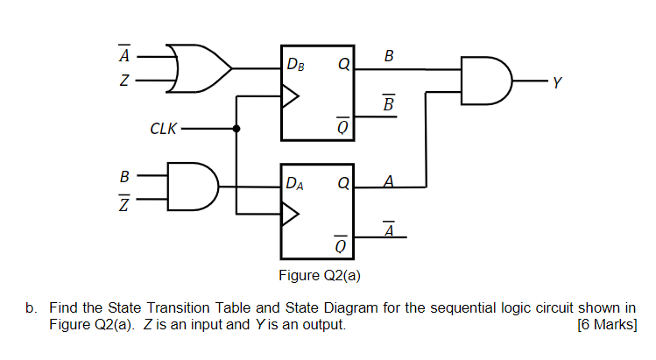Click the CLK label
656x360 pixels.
pos(163,129)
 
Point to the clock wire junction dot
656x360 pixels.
pos(236,129)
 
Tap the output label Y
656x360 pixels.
pos(554,84)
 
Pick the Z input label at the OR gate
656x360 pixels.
pos(125,82)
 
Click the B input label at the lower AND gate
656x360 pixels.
pos(125,174)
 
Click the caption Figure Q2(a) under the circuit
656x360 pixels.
pos(320,276)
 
